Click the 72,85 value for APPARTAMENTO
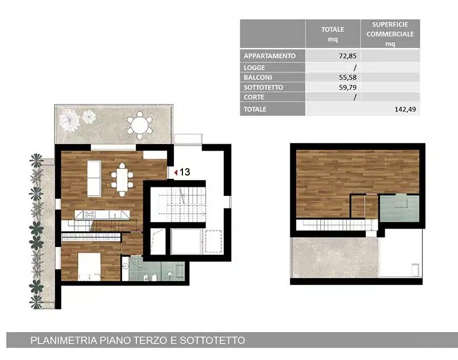point(348,56)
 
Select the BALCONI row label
point(257,78)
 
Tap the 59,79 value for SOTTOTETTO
point(348,87)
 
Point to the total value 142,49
point(405,109)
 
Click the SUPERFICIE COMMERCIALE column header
point(390,34)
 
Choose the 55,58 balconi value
point(348,77)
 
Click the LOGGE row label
point(255,68)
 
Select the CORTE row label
point(254,97)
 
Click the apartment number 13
point(185,172)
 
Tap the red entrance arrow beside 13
point(176,173)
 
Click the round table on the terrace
point(140,125)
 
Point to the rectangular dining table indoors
point(122,180)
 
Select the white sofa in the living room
point(94,178)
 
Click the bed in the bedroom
point(89,266)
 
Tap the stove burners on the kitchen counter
point(89,215)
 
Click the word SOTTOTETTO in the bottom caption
point(213,341)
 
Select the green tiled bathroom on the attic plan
point(399,208)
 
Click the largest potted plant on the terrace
point(69,120)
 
